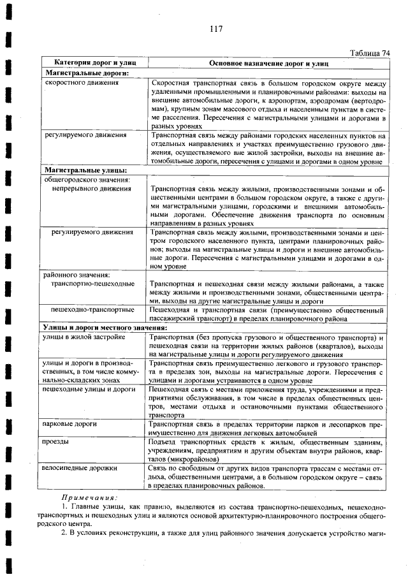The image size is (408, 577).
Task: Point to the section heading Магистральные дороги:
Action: coord(87,74)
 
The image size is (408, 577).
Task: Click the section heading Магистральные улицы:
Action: coord(85,171)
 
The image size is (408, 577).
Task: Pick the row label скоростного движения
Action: coord(79,84)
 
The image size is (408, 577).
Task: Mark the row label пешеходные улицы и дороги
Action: coord(86,389)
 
